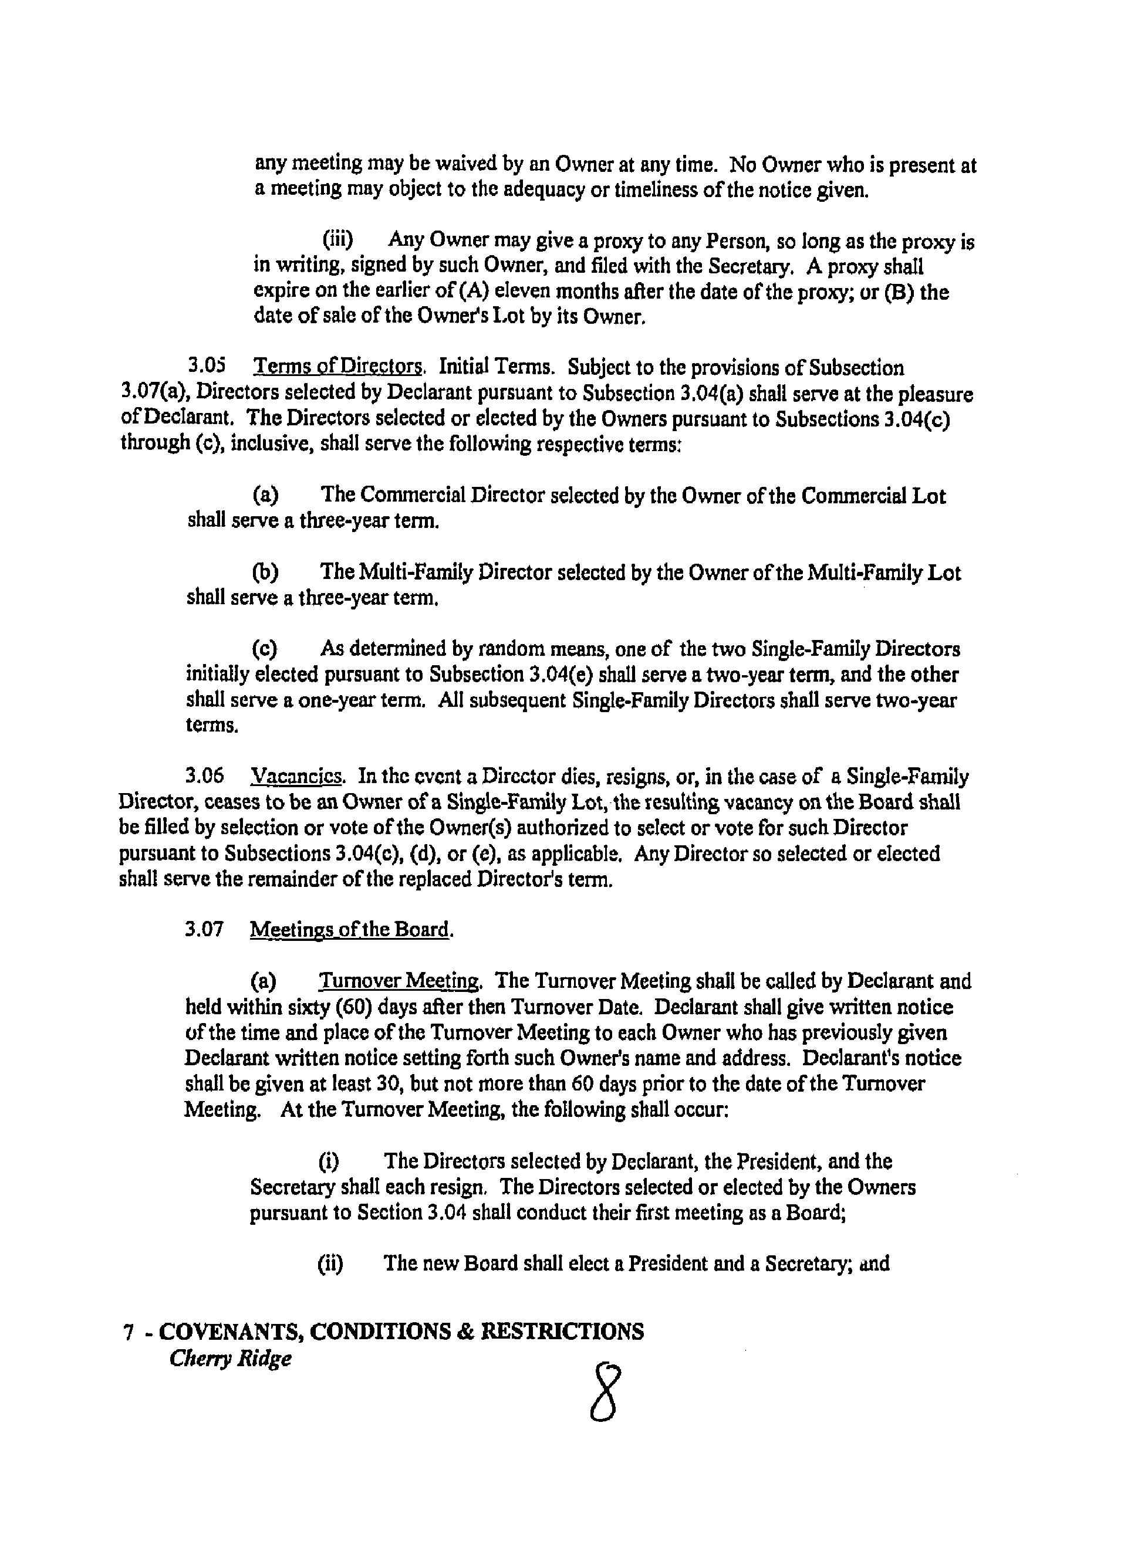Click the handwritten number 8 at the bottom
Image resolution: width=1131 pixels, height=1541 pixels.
605,1393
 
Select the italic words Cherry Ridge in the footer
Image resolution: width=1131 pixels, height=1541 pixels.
230,1359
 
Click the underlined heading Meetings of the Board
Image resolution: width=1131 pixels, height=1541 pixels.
351,929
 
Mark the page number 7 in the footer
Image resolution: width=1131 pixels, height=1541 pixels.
127,1332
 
